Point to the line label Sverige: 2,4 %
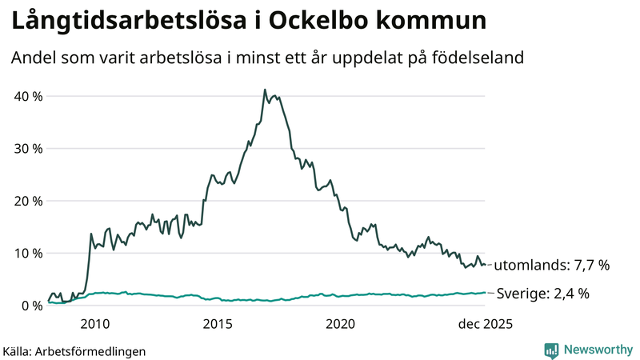tap(543, 294)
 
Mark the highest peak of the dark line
tap(265, 90)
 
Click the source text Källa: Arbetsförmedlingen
tap(74, 350)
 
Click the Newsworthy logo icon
tap(551, 350)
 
